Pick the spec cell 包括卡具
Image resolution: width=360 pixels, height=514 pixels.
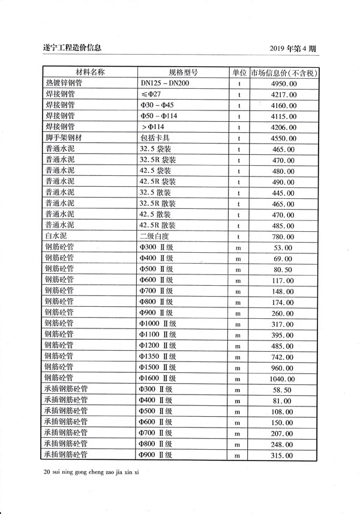[x=155, y=138]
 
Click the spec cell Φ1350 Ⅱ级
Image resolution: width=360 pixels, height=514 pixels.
[x=159, y=356]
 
